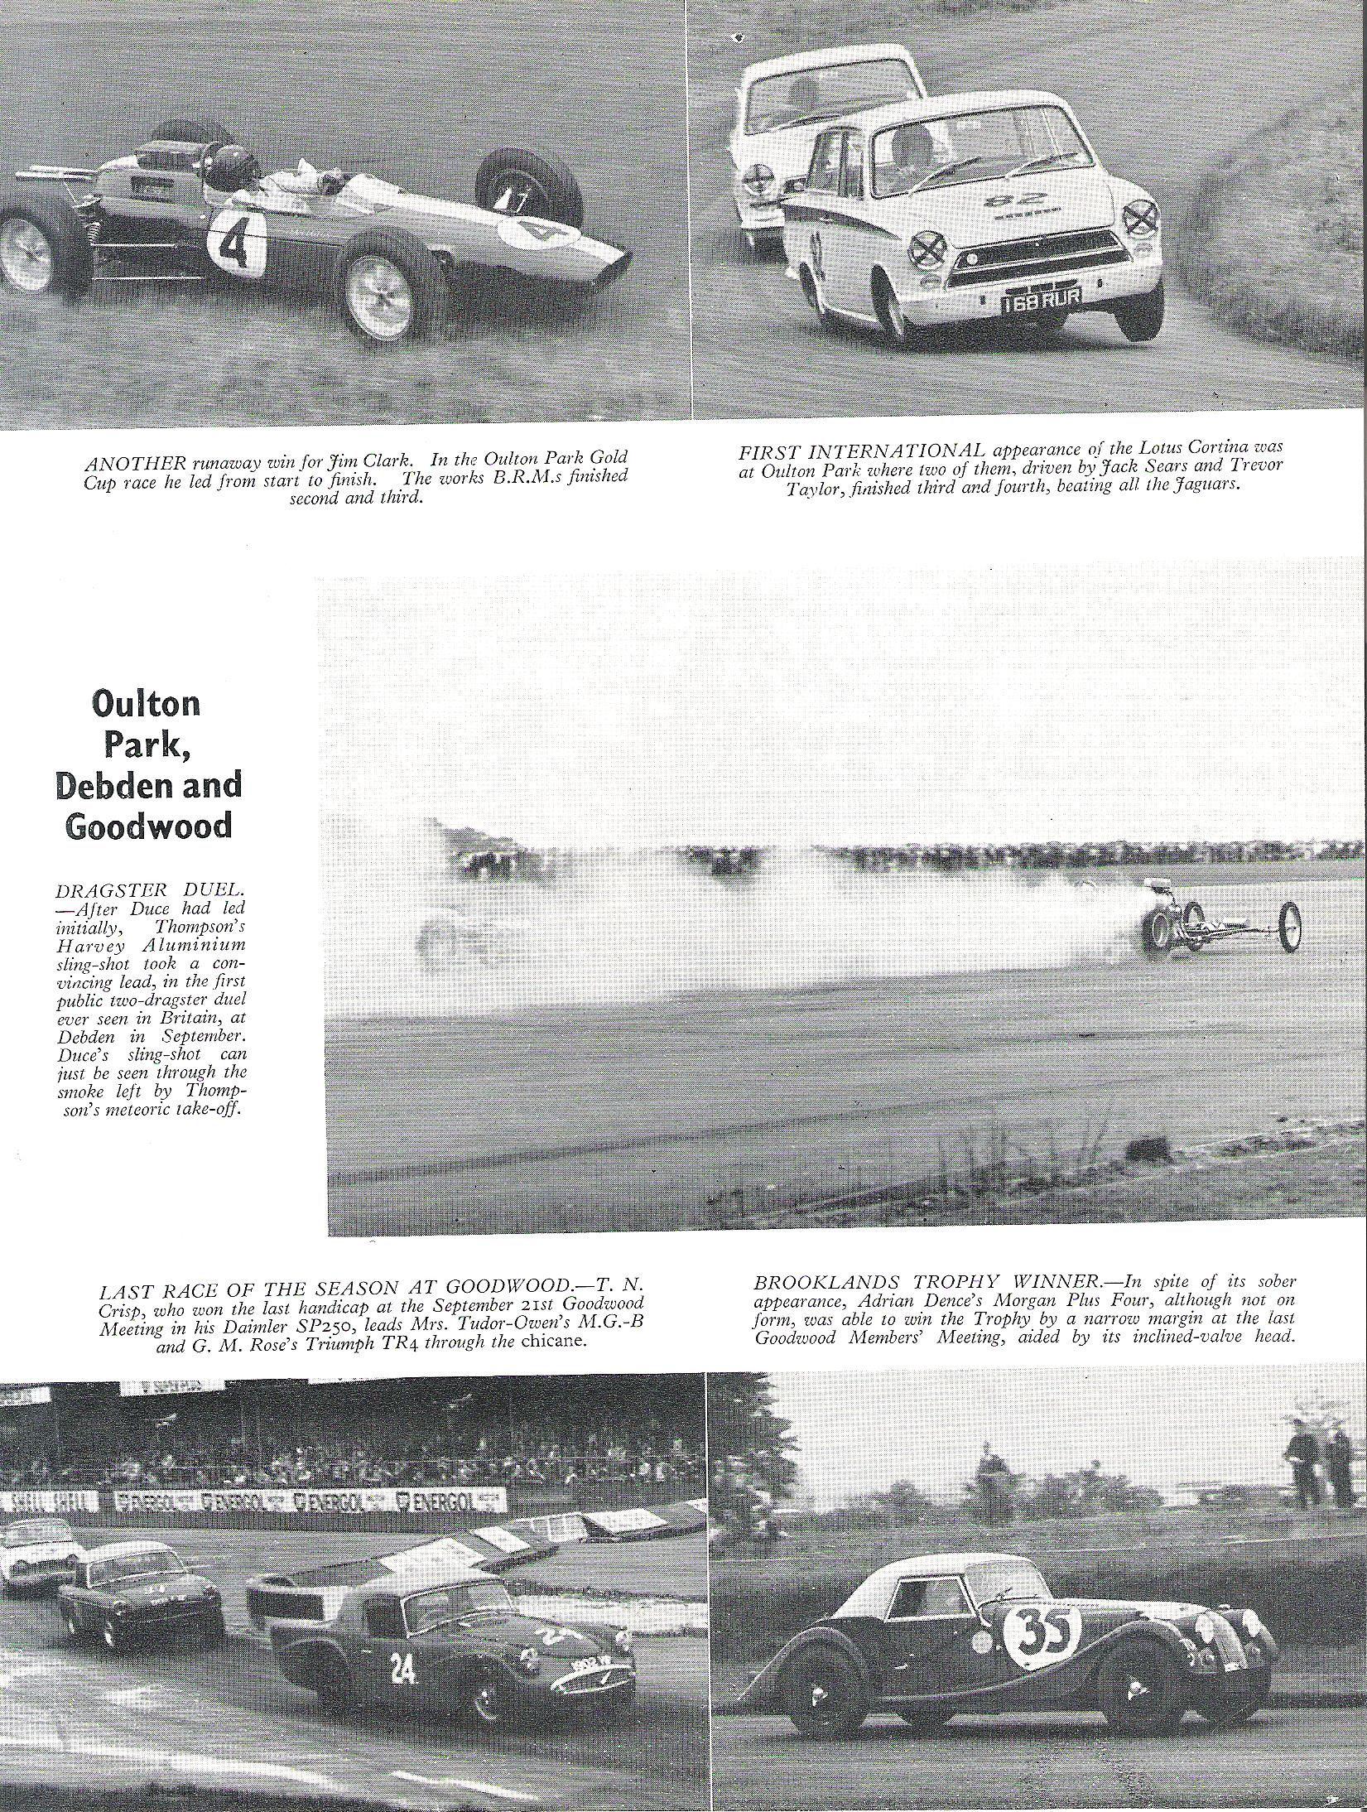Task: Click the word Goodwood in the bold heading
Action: pos(148,826)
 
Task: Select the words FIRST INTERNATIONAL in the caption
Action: pos(860,450)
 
